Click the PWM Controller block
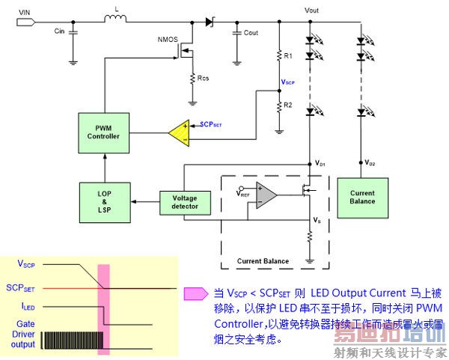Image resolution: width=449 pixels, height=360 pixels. (x=103, y=132)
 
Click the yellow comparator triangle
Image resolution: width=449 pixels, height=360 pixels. (x=179, y=132)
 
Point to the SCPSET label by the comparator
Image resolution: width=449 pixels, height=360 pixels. (x=212, y=124)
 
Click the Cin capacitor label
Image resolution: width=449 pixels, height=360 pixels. (x=59, y=32)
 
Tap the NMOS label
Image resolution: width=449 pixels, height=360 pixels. (x=168, y=39)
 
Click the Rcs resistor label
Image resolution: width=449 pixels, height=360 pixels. (x=204, y=77)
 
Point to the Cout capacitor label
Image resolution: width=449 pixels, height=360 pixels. (x=251, y=33)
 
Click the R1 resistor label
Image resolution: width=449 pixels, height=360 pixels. (x=288, y=56)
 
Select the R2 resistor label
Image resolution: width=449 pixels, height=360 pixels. (x=288, y=105)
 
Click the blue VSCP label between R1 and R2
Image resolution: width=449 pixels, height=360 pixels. (x=288, y=82)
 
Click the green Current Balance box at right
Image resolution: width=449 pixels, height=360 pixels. (x=363, y=198)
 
